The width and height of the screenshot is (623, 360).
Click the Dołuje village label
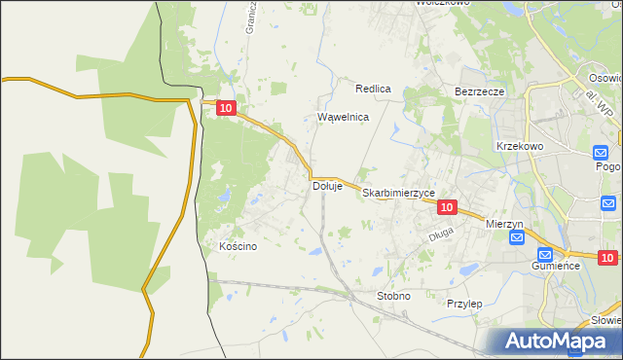tap(327, 186)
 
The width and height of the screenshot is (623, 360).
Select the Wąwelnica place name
tap(344, 117)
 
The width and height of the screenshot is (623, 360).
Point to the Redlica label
tap(373, 89)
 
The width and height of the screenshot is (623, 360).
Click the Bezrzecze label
tap(479, 91)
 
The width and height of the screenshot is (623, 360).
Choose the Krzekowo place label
tap(519, 145)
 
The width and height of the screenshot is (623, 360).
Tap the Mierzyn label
tap(504, 224)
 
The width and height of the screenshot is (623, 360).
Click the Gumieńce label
tap(557, 265)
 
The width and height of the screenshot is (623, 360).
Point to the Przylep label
tap(464, 304)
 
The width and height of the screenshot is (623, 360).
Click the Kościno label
tap(238, 247)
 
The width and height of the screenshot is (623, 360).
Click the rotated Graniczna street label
tap(251, 17)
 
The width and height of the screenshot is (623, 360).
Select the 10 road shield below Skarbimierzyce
tap(447, 207)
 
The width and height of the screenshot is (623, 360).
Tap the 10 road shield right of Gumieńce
tap(607, 258)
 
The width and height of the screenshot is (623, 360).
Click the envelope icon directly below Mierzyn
tap(516, 238)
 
